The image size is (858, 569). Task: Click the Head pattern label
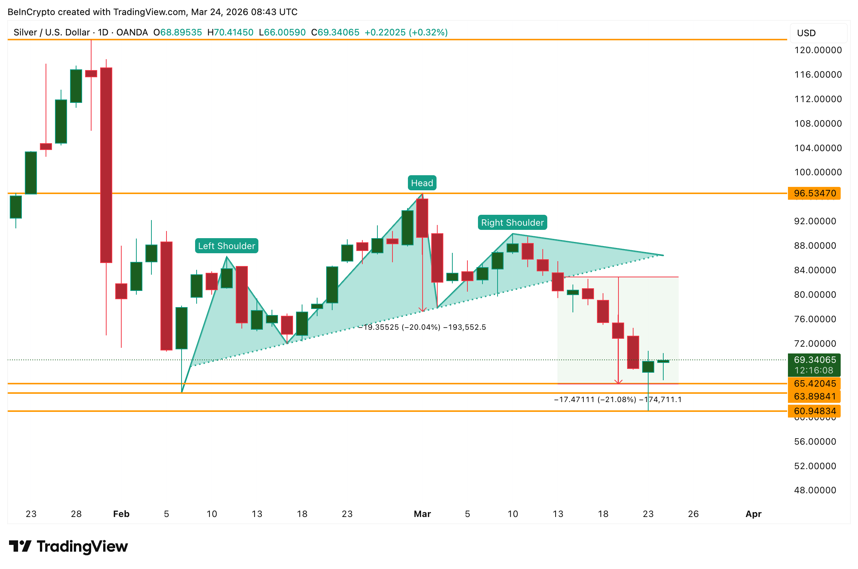point(422,183)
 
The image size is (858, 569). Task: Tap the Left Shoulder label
point(226,246)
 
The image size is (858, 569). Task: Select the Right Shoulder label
point(512,223)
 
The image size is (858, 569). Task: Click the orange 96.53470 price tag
point(814,193)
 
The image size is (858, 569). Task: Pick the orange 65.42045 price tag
point(814,384)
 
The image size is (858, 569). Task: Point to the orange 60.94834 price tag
point(814,411)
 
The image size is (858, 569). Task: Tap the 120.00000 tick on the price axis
point(818,50)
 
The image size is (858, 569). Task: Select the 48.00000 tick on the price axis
point(815,490)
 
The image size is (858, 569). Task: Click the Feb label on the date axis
point(121,514)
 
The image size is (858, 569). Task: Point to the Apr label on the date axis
point(753,514)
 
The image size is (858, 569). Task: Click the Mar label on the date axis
point(422,514)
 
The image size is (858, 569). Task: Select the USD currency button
point(806,33)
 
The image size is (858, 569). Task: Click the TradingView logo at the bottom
point(69,546)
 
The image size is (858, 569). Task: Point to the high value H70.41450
point(230,32)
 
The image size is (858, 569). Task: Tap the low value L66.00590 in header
point(282,32)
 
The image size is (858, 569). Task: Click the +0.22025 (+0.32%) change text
point(406,32)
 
